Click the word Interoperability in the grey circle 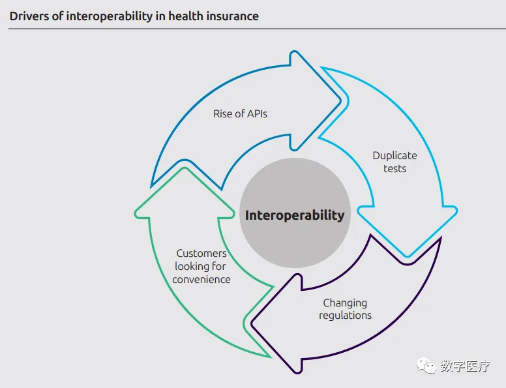294,215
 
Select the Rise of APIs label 240,113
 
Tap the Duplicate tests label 394,162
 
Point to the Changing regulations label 345,309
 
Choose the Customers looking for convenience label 201,266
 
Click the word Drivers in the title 29,16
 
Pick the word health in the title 186,16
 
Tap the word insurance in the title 233,16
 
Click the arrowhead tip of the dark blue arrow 340,100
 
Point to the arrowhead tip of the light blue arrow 409,256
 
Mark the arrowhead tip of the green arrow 185,168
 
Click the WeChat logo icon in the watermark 427,366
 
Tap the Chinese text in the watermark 465,366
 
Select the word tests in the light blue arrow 394,169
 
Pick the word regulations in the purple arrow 345,316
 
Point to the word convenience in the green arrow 201,280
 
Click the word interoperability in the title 110,16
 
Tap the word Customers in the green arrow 201,253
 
